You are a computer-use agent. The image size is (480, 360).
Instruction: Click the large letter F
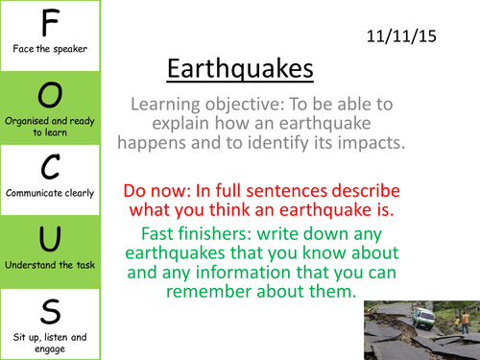click(50, 22)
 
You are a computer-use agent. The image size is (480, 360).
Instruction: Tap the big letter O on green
click(50, 95)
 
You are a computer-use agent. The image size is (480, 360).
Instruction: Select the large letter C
click(51, 166)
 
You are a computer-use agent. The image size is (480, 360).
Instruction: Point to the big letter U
click(50, 239)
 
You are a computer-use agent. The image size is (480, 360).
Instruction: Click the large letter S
click(51, 311)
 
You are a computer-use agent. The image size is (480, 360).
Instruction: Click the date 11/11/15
click(401, 36)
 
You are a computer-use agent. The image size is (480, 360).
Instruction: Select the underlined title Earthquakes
click(240, 69)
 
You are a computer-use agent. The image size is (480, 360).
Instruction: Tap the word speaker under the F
click(70, 49)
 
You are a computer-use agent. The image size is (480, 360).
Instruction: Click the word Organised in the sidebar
click(27, 121)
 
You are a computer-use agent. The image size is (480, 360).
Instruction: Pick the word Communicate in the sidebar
click(34, 193)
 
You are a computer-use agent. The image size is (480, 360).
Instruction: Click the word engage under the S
click(50, 349)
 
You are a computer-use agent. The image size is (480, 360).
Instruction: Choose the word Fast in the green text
click(155, 233)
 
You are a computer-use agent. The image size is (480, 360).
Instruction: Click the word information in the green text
click(243, 273)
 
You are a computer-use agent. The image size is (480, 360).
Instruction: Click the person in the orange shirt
click(466, 323)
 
